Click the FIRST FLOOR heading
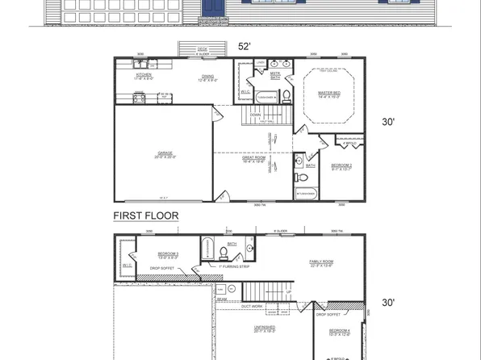145,216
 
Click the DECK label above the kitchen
202,48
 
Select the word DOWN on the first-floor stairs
255,115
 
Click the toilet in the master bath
287,97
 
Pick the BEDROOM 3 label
168,254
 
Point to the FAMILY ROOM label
320,262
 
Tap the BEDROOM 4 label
339,332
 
